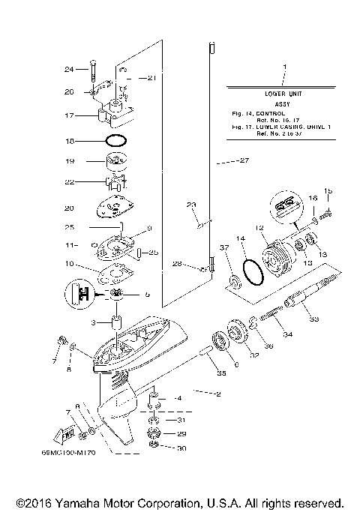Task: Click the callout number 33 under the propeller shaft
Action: point(313,319)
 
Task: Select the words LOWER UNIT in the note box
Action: point(284,94)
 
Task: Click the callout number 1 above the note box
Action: point(284,68)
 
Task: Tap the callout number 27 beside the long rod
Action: point(242,160)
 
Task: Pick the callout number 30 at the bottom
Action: point(180,449)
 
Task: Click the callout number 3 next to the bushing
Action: point(94,322)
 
